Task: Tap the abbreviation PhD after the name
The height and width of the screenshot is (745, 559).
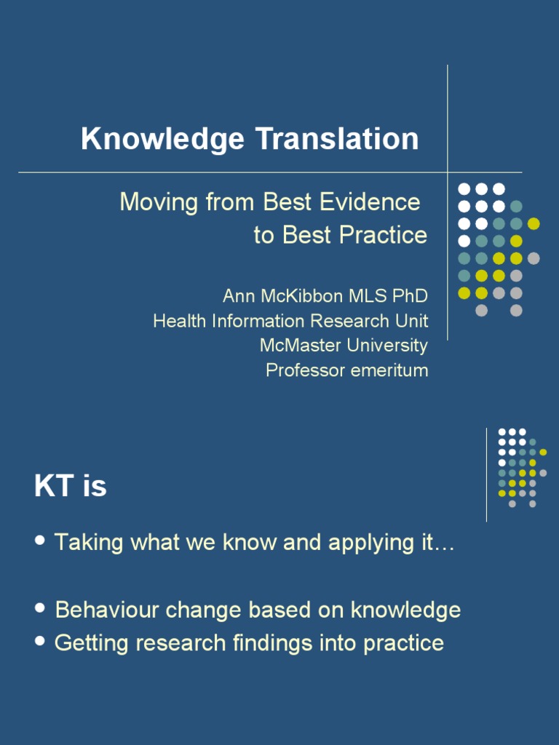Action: point(411,297)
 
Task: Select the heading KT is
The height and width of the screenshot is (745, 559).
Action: point(70,487)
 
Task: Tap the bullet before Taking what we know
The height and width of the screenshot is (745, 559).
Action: point(41,541)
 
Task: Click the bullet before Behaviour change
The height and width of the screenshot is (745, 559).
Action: point(41,607)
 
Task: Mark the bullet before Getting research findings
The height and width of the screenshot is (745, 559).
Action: point(41,641)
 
